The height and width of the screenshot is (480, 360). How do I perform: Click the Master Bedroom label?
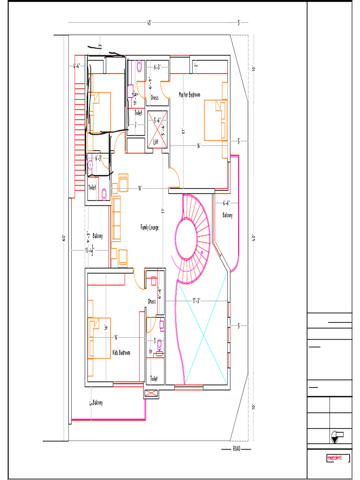(189, 95)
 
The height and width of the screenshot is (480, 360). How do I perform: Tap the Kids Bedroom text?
(121, 352)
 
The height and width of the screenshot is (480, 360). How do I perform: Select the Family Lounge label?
(150, 227)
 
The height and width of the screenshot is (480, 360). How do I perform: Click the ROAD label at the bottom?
(237, 449)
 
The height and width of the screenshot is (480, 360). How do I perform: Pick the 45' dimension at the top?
(149, 22)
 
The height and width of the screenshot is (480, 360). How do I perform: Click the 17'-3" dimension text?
(200, 300)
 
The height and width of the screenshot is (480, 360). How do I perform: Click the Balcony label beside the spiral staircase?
(227, 216)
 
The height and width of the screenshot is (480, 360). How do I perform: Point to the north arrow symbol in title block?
(335, 436)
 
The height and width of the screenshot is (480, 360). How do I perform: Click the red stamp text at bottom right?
(334, 457)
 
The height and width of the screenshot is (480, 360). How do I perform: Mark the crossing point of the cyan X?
(202, 334)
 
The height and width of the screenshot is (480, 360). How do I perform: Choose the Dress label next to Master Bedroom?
(154, 98)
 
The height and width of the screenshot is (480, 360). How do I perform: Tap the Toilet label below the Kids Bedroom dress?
(154, 378)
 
